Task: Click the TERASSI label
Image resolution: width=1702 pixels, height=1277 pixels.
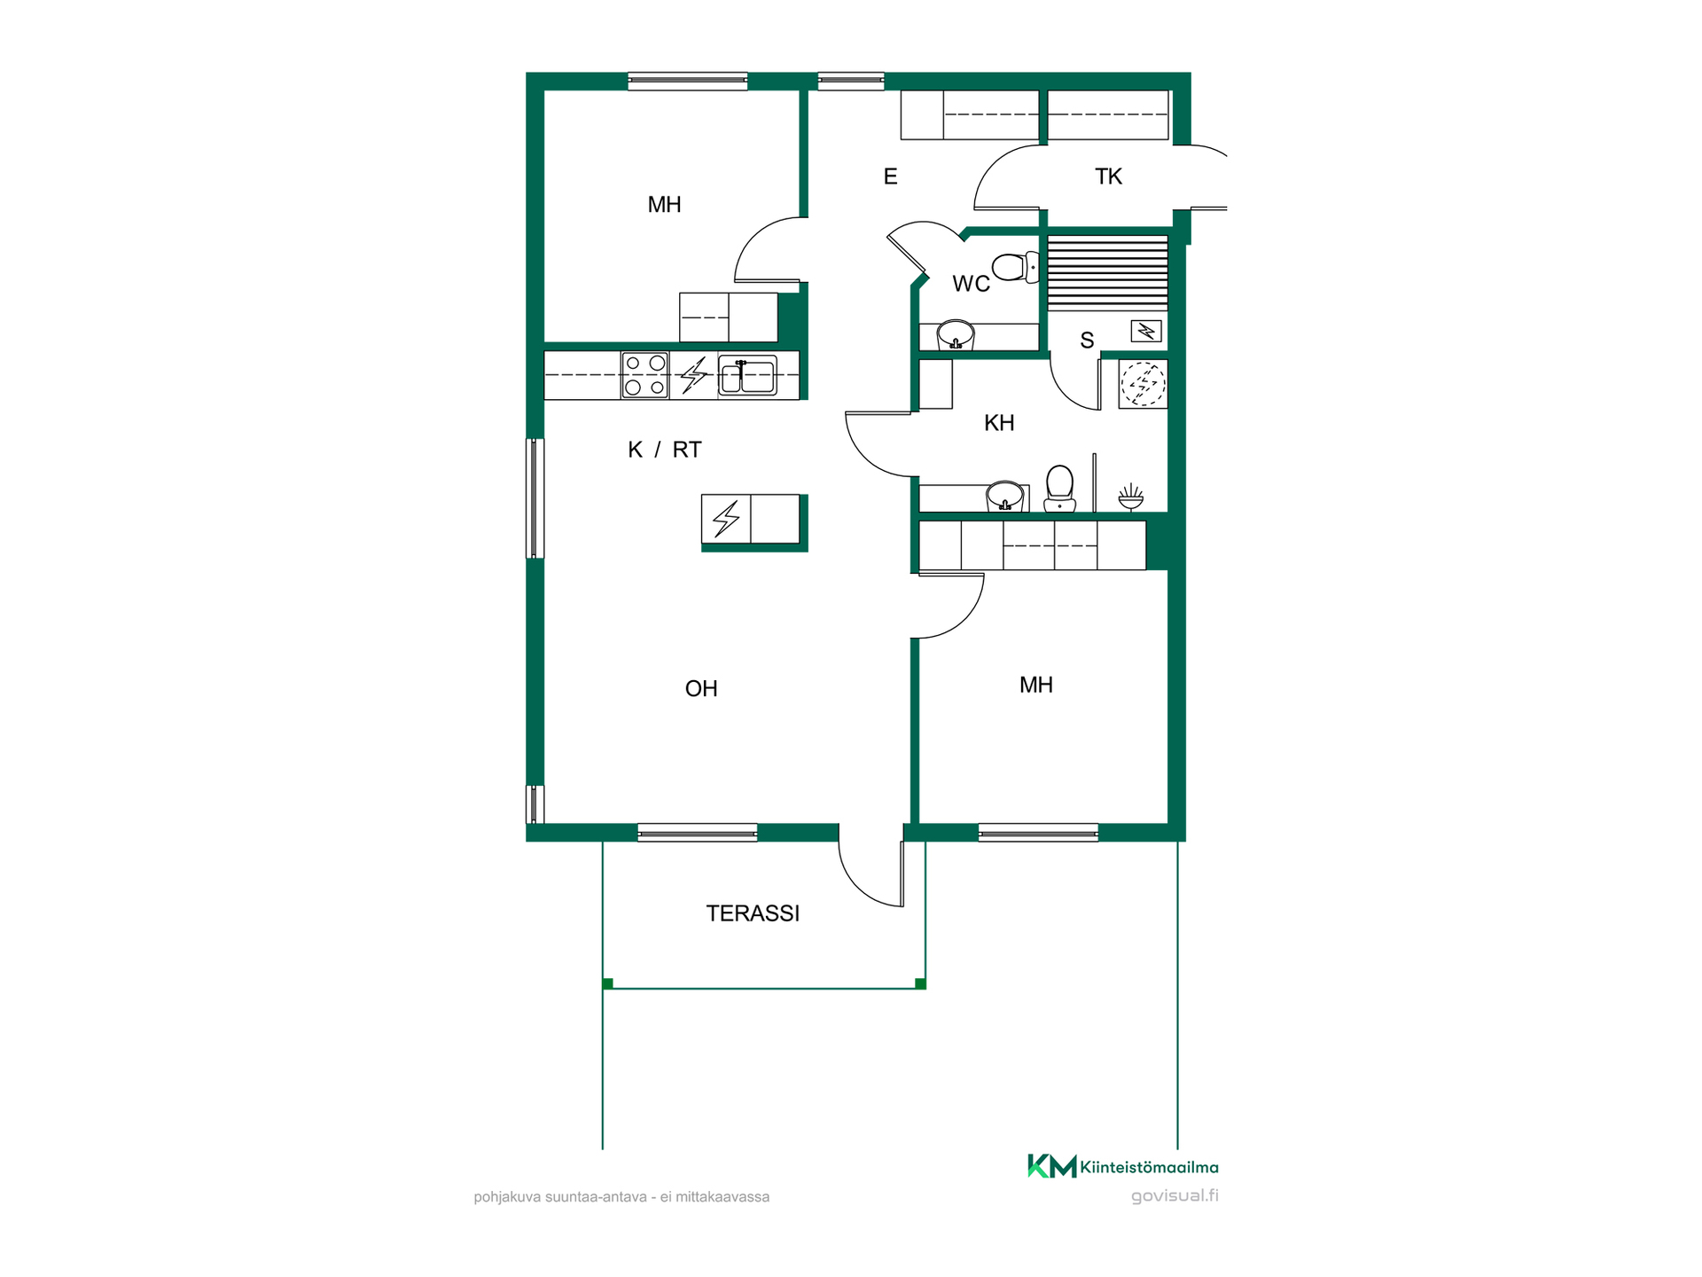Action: pos(753,913)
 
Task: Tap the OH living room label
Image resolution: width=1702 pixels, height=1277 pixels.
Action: pos(701,689)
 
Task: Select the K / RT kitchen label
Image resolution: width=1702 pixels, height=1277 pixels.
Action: pos(664,450)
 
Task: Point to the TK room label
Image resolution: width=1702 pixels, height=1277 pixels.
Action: pos(1108,176)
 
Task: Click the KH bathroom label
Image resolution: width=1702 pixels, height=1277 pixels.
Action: pos(999,423)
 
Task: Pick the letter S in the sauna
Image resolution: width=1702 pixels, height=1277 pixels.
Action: pos(1087,341)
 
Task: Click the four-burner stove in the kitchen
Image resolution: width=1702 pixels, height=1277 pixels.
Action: pos(644,375)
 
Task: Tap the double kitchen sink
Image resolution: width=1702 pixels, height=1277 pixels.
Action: pos(747,375)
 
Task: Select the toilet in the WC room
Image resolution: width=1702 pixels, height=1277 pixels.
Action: pos(1016,267)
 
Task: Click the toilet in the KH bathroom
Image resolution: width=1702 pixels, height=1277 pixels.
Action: pos(1059,489)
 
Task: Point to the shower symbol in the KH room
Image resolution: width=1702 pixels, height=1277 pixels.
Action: pos(1130,497)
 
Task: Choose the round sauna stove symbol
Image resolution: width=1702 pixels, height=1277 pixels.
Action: pos(1144,384)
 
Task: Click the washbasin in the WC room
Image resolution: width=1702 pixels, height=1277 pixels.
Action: pos(956,335)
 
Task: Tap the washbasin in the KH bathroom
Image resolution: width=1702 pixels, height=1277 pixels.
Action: pos(1005,497)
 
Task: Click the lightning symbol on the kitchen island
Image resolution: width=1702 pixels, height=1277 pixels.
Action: pos(726,519)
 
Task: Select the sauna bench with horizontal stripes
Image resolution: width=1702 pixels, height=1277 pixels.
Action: pos(1107,273)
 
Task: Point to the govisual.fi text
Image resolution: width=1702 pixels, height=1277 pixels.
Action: pos(1175,1195)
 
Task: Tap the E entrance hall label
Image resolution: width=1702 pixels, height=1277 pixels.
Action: pos(891,176)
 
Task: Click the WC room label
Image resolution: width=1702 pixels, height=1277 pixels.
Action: pos(971,284)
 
